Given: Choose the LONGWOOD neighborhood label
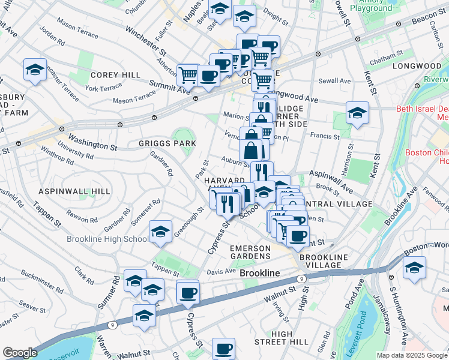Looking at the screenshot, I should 417,65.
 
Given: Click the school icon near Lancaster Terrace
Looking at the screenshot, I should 35,70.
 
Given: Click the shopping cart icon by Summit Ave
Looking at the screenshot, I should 188,76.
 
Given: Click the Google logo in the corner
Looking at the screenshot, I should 20,353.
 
